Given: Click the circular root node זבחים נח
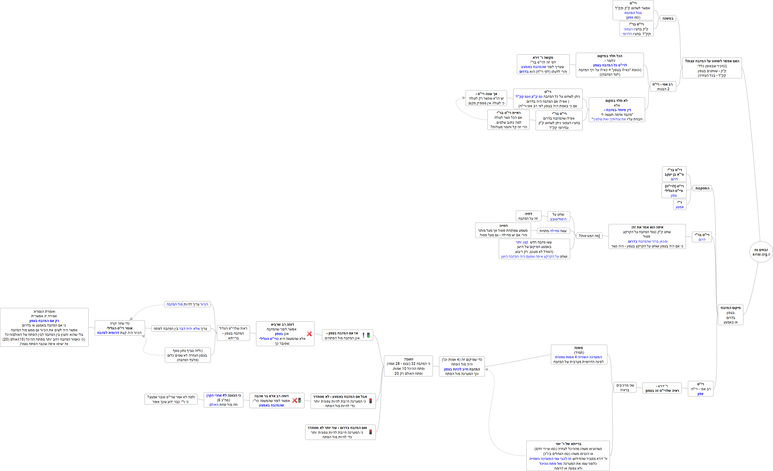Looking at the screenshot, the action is click(x=761, y=252).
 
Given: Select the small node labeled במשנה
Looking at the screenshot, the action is click(x=668, y=18).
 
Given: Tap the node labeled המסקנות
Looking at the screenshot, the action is click(x=702, y=188).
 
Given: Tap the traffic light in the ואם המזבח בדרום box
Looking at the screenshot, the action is click(x=370, y=432).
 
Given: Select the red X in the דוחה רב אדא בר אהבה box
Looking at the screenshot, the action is click(x=294, y=400).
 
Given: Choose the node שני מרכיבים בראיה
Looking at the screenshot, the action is click(x=625, y=388).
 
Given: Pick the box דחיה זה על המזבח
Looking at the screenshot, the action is click(x=528, y=216).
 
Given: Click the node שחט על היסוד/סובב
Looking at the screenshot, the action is click(x=558, y=216).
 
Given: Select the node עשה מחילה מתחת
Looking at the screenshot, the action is click(x=553, y=231).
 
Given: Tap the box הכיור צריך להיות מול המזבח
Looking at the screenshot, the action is click(x=187, y=304).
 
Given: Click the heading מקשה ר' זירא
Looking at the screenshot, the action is click(x=543, y=58).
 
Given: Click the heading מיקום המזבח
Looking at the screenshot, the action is click(x=730, y=308).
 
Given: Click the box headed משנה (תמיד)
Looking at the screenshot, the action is click(x=579, y=355).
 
